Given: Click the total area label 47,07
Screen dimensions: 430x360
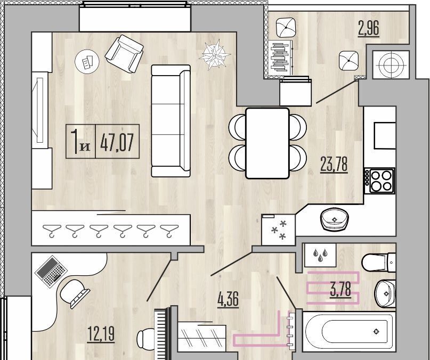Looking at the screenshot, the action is [x=117, y=142].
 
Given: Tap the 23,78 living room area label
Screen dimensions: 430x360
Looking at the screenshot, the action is [x=334, y=165].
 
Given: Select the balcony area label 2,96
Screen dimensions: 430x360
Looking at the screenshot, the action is [x=369, y=28].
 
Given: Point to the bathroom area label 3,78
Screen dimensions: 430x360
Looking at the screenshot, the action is [x=340, y=290].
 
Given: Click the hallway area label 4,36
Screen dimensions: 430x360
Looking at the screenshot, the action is [x=228, y=299].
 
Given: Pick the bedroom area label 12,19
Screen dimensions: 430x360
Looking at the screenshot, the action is [x=101, y=334].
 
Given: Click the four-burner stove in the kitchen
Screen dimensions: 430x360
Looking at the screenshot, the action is [x=380, y=181].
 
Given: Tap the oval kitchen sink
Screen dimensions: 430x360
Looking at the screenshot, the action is [x=334, y=219].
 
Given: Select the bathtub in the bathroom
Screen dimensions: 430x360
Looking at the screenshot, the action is [x=349, y=332].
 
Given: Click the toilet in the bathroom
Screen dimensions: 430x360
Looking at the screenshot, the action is [x=379, y=263].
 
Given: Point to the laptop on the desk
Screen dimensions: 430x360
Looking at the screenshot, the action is [x=51, y=272].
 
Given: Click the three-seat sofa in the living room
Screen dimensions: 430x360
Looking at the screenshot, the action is [x=171, y=121].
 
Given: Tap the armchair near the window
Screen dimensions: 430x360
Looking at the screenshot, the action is [x=125, y=54].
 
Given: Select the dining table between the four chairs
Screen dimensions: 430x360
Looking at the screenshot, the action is [x=267, y=143].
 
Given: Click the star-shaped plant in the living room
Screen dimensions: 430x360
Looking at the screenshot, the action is [x=214, y=54].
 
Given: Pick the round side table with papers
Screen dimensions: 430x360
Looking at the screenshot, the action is [x=87, y=62].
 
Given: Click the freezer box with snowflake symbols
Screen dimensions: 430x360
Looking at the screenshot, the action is [x=278, y=230].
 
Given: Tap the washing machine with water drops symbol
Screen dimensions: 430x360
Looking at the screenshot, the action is [x=320, y=255].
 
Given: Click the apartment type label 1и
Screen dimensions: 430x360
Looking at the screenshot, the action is [x=80, y=142].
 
